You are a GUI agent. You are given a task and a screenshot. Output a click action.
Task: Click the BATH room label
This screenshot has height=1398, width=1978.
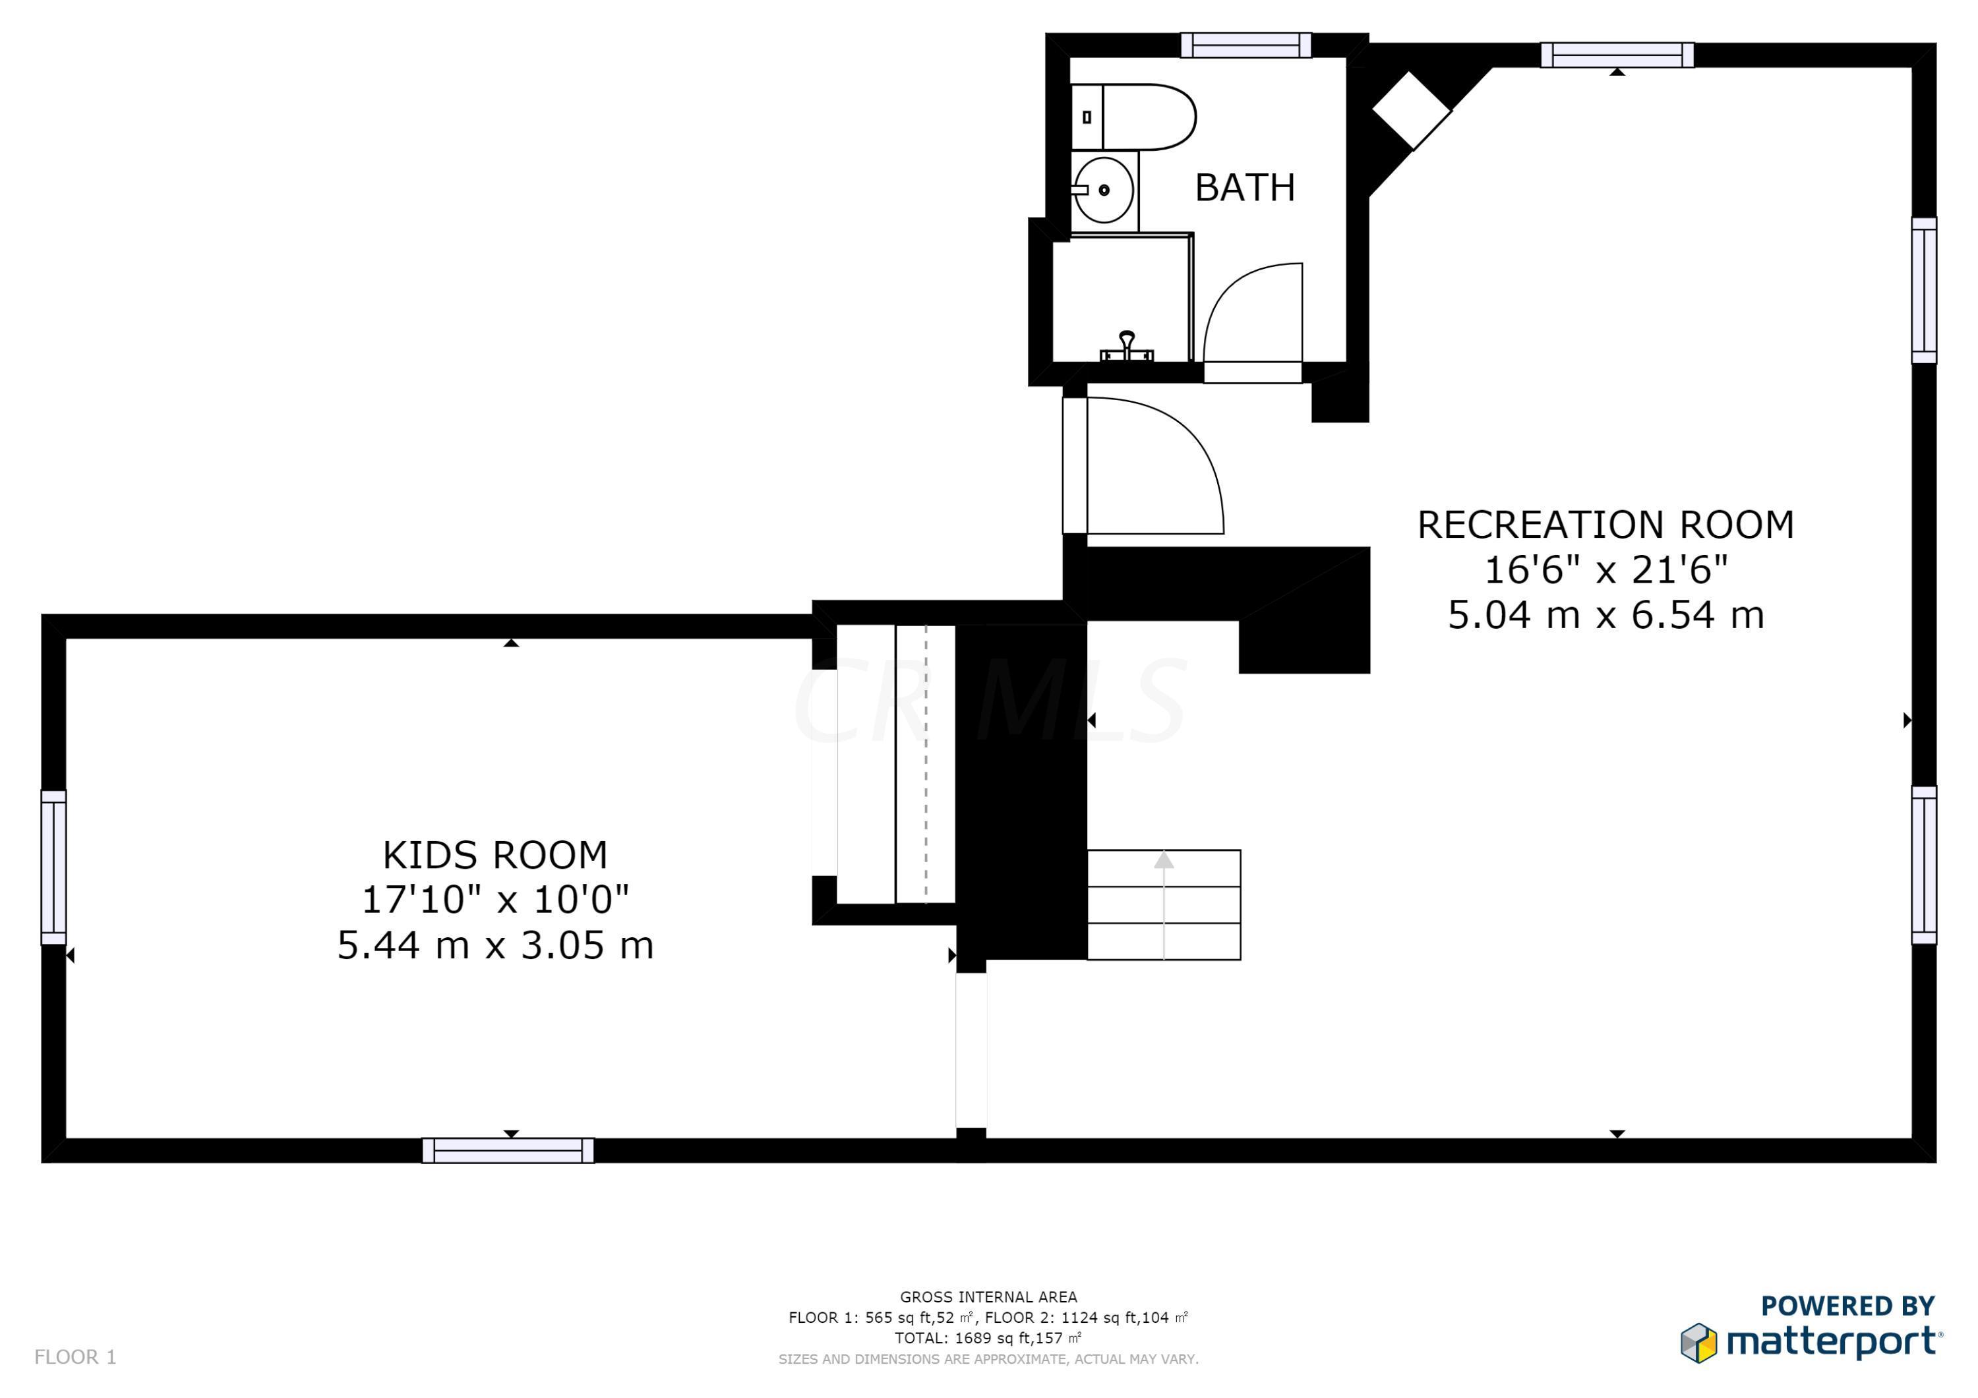[x=1245, y=187]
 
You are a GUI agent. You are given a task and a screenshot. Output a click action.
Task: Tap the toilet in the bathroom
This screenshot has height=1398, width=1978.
[x=1133, y=117]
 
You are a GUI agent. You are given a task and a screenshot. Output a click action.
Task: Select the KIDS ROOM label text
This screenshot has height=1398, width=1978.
[x=495, y=856]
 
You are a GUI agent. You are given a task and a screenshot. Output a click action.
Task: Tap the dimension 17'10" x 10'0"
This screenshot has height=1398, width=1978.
[x=495, y=900]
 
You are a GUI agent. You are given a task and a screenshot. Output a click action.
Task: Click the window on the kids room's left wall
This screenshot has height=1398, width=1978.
[x=53, y=867]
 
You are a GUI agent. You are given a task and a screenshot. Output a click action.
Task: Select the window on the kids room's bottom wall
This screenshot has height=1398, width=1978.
[x=508, y=1151]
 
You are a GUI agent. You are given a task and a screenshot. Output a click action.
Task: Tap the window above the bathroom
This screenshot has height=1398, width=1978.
[x=1245, y=45]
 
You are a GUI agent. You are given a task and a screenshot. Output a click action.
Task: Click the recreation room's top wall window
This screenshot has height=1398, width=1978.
[x=1617, y=55]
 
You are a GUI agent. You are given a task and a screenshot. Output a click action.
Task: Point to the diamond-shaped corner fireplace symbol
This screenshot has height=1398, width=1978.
[x=1411, y=110]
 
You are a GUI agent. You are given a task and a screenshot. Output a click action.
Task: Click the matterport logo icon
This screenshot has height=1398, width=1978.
[x=1699, y=1343]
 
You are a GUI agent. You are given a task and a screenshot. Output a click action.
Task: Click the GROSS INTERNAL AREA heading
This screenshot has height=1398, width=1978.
[x=988, y=1297]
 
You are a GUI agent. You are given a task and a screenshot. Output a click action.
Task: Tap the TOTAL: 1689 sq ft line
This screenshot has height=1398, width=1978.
[x=988, y=1338]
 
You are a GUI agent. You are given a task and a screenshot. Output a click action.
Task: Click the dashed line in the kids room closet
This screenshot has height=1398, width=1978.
[x=926, y=765]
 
